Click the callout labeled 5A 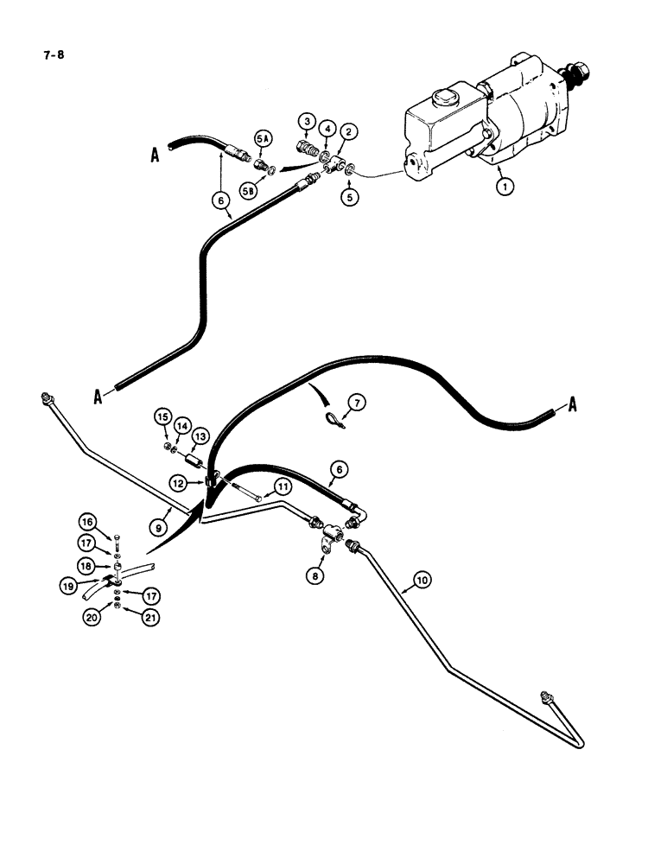point(263,139)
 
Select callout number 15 point(162,417)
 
